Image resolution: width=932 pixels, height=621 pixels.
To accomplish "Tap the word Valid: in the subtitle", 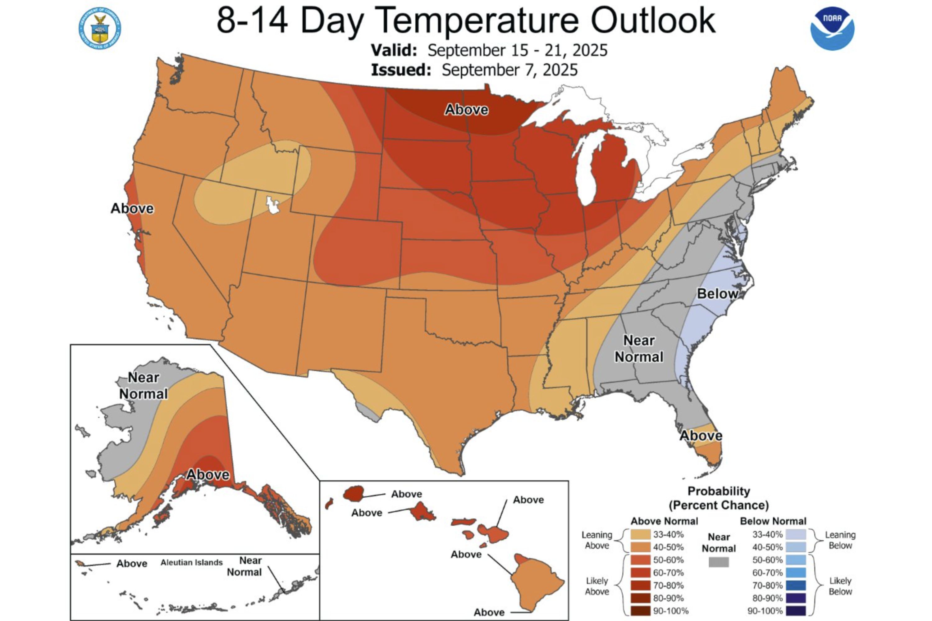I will click(394, 50).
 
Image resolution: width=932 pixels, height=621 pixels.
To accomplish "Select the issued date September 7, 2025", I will click(509, 70).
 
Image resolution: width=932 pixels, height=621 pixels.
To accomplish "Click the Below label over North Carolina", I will click(717, 293).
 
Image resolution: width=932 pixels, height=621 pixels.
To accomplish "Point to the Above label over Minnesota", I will click(466, 110).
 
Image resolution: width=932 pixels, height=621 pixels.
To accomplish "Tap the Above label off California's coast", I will click(132, 208).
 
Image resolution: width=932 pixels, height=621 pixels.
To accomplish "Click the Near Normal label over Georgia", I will click(639, 348).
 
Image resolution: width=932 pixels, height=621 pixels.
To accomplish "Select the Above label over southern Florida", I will click(701, 436).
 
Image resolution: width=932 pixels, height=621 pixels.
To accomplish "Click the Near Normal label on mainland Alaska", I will click(144, 386).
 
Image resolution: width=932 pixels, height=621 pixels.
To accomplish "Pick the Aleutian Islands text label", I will click(191, 562).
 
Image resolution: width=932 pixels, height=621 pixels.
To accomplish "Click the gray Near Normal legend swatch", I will click(718, 562).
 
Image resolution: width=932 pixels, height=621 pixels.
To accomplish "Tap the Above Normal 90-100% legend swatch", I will click(641, 611).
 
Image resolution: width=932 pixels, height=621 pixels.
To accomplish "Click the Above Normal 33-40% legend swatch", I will click(641, 535).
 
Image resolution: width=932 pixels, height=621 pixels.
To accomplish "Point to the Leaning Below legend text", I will click(840, 540).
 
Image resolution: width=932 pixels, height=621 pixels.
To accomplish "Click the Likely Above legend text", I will click(597, 586).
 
